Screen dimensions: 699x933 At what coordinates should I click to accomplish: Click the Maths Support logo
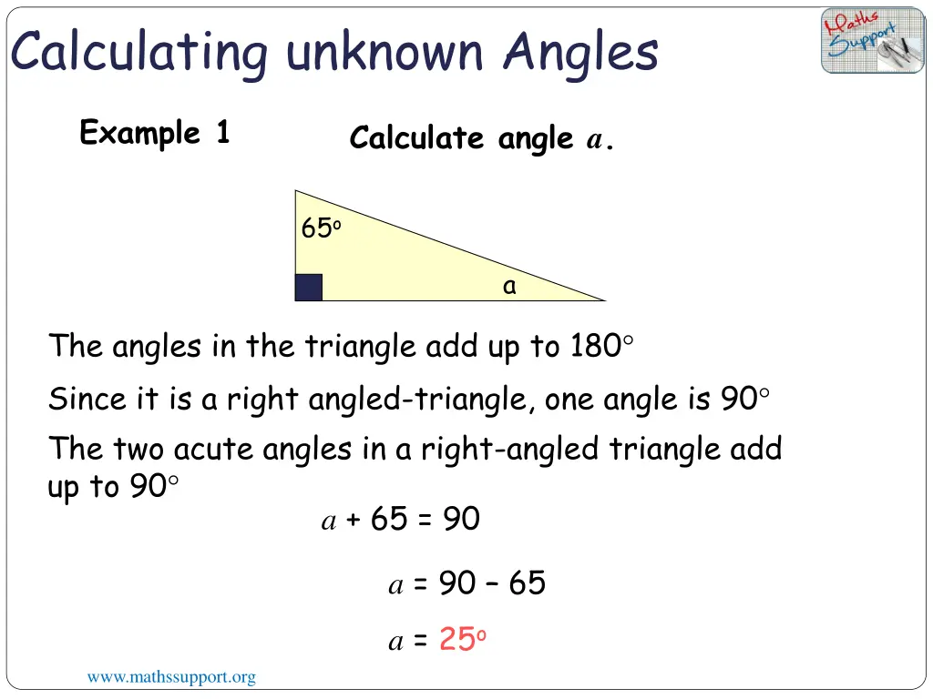tap(872, 41)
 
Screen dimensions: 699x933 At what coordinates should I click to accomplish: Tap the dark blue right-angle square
tap(309, 288)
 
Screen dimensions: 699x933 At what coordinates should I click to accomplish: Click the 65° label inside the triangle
tap(321, 229)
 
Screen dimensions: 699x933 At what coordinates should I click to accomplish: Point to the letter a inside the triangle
tap(509, 287)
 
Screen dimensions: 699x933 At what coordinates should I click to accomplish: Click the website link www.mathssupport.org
tap(171, 677)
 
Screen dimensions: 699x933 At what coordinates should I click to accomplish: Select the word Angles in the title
tap(579, 51)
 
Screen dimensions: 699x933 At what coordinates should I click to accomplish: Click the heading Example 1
tap(154, 133)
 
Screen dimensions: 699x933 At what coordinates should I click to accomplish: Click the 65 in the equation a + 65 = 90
tap(389, 519)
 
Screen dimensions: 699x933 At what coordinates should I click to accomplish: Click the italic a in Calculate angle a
tap(594, 140)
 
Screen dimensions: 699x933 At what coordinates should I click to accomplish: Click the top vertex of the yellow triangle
tap(296, 191)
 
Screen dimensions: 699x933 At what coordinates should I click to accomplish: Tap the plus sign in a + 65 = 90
tap(354, 520)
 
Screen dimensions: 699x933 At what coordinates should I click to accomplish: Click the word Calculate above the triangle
tap(416, 138)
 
